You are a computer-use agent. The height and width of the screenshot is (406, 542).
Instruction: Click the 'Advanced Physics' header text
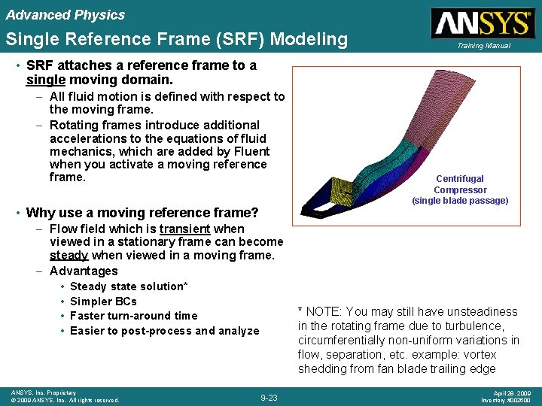[x=65, y=15]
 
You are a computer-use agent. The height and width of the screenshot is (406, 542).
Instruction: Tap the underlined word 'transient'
[x=184, y=229]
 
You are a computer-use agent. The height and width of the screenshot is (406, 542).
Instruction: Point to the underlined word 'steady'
[x=69, y=256]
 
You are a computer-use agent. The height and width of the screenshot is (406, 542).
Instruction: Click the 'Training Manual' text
[x=482, y=46]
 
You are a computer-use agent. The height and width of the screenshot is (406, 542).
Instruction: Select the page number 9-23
[x=269, y=397]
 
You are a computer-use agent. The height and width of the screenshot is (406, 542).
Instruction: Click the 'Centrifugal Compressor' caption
[x=460, y=184]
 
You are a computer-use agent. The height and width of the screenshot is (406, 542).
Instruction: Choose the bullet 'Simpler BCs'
[x=103, y=301]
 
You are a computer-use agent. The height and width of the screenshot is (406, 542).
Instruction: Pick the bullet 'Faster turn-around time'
[x=133, y=316]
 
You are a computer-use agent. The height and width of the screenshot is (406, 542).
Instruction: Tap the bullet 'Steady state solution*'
[x=129, y=286]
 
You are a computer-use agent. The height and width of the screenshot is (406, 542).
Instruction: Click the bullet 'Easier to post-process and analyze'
[x=164, y=331]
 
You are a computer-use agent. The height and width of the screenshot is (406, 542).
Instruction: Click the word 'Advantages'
[x=84, y=271]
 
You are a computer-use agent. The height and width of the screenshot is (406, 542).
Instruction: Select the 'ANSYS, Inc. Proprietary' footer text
[x=43, y=392]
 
